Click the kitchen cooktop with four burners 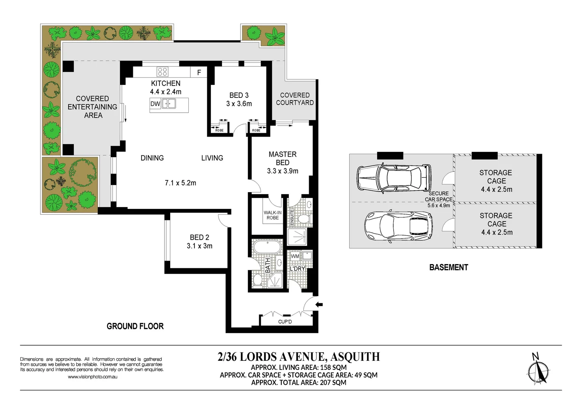[x=163, y=72]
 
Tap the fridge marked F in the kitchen [x=199, y=72]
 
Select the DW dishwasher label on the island [x=155, y=104]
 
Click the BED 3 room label [x=239, y=96]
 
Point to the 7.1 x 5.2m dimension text [x=180, y=183]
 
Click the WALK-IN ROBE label [x=273, y=215]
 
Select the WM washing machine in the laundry [x=295, y=256]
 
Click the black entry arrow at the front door [x=319, y=304]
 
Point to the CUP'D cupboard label [x=285, y=322]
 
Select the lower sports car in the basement [x=398, y=227]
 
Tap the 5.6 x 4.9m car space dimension [x=438, y=205]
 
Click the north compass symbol [x=538, y=370]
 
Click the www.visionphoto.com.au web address [x=92, y=377]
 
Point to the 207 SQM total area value [x=333, y=382]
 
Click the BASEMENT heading [x=448, y=268]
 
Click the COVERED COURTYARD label [x=295, y=99]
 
